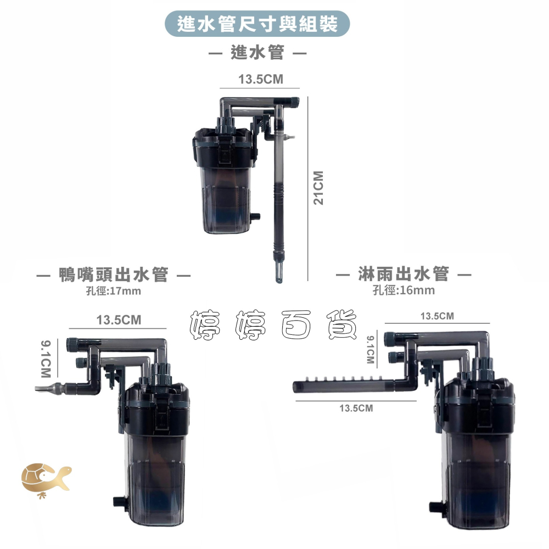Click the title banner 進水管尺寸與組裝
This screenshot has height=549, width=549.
click(x=257, y=24)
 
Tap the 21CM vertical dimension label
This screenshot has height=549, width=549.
click(x=318, y=188)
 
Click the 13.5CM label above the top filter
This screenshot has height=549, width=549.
click(x=260, y=79)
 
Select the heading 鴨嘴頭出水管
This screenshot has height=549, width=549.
click(x=114, y=274)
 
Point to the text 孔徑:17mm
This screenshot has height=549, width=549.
click(x=114, y=291)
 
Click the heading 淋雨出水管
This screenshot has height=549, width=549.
click(x=404, y=274)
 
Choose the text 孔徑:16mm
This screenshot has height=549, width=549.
click(x=404, y=290)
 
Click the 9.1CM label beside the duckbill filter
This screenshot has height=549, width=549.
click(x=46, y=358)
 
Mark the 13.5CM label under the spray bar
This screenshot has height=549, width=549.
click(x=356, y=408)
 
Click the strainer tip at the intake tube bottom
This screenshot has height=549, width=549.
click(x=279, y=273)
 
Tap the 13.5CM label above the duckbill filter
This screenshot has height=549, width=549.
click(x=119, y=320)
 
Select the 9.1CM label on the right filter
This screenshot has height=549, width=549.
click(x=371, y=349)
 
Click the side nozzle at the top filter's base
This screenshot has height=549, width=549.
click(x=256, y=217)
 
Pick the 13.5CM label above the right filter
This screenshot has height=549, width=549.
click(x=437, y=316)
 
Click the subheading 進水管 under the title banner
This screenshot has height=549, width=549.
click(x=257, y=53)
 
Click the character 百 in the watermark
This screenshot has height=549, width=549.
click(x=296, y=324)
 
